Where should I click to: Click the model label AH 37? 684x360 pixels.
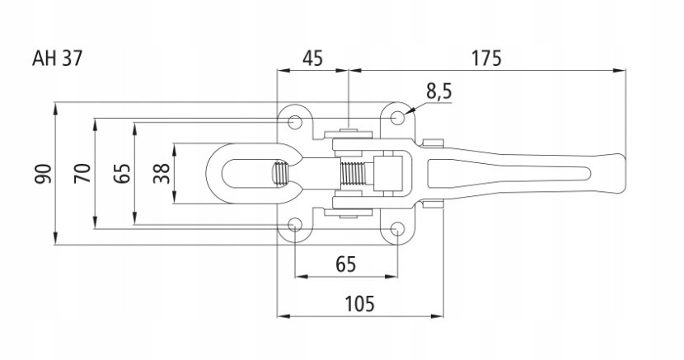pyautogui.click(x=57, y=58)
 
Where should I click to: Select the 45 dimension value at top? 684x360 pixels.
pyautogui.click(x=313, y=58)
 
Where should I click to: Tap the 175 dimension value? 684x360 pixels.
pyautogui.click(x=486, y=58)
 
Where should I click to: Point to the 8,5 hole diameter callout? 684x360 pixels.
pyautogui.click(x=439, y=92)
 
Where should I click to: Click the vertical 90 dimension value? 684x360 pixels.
pyautogui.click(x=44, y=174)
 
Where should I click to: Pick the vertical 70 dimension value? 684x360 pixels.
pyautogui.click(x=82, y=174)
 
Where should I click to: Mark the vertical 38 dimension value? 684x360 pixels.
pyautogui.click(x=162, y=174)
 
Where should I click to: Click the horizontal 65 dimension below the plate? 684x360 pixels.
pyautogui.click(x=346, y=264)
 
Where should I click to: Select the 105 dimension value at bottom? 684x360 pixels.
pyautogui.click(x=360, y=304)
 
